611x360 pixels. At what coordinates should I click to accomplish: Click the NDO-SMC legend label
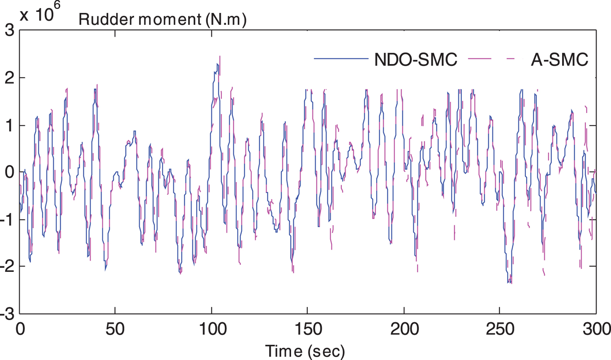[415, 60]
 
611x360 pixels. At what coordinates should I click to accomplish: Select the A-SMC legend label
[559, 60]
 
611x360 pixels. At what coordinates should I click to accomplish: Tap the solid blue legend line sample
[341, 60]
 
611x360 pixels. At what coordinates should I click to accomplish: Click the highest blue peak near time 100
[217, 64]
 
